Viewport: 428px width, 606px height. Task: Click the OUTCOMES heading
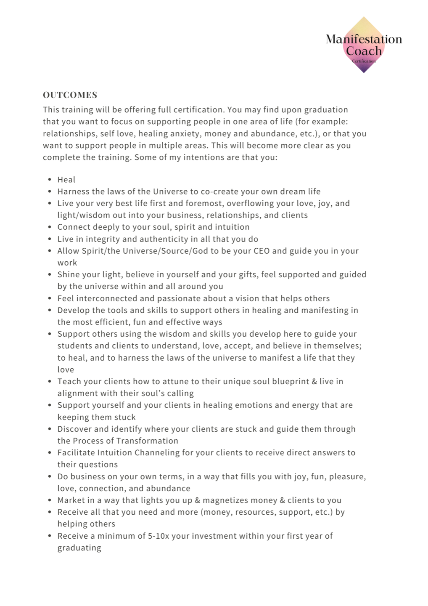pyautogui.click(x=70, y=95)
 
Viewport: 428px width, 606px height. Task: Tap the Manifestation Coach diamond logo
pyautogui.click(x=364, y=45)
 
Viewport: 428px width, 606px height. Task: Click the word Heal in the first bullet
pyautogui.click(x=66, y=180)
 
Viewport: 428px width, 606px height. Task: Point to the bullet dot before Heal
pyautogui.click(x=50, y=180)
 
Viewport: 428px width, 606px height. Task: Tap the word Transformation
pyautogui.click(x=147, y=441)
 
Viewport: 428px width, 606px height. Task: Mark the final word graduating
pyautogui.click(x=79, y=548)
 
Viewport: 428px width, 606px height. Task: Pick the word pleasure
pyautogui.click(x=347, y=477)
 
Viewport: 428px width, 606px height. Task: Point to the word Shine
pyautogui.click(x=69, y=275)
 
